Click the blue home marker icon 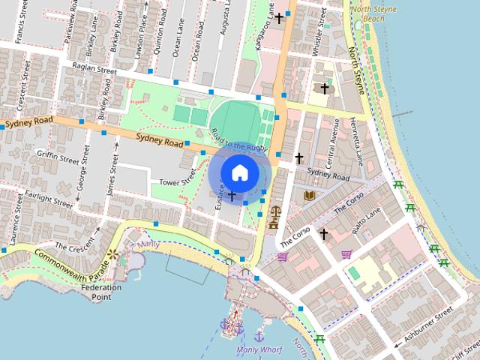(x=239, y=172)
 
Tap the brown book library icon (x=309, y=196)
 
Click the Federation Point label (x=101, y=292)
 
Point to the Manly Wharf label (x=259, y=349)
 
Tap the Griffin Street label (x=58, y=157)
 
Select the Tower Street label (x=178, y=181)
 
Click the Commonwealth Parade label (x=68, y=263)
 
